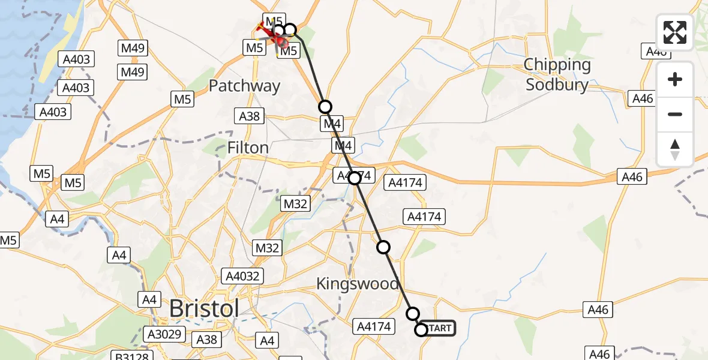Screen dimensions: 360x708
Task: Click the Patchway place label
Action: click(x=244, y=86)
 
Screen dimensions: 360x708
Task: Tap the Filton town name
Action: click(x=248, y=147)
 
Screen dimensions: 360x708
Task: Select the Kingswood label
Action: click(x=357, y=284)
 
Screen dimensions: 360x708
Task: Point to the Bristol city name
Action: click(x=204, y=308)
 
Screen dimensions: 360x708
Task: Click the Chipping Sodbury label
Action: click(x=557, y=74)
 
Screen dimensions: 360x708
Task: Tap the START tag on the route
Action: click(x=440, y=328)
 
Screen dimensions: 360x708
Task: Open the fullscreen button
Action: click(x=675, y=32)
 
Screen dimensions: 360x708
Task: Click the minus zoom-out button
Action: click(x=675, y=114)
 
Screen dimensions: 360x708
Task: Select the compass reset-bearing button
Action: click(x=675, y=149)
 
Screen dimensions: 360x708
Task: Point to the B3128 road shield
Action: click(x=133, y=356)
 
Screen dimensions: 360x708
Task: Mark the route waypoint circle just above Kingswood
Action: click(x=383, y=247)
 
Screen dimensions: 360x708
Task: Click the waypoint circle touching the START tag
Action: click(x=421, y=329)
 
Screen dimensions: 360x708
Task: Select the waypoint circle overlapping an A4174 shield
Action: click(x=355, y=178)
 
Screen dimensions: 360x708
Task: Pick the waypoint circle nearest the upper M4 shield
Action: click(x=325, y=107)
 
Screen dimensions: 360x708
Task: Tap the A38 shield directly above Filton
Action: click(x=249, y=116)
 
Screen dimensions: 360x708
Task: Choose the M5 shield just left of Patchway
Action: click(x=182, y=100)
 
